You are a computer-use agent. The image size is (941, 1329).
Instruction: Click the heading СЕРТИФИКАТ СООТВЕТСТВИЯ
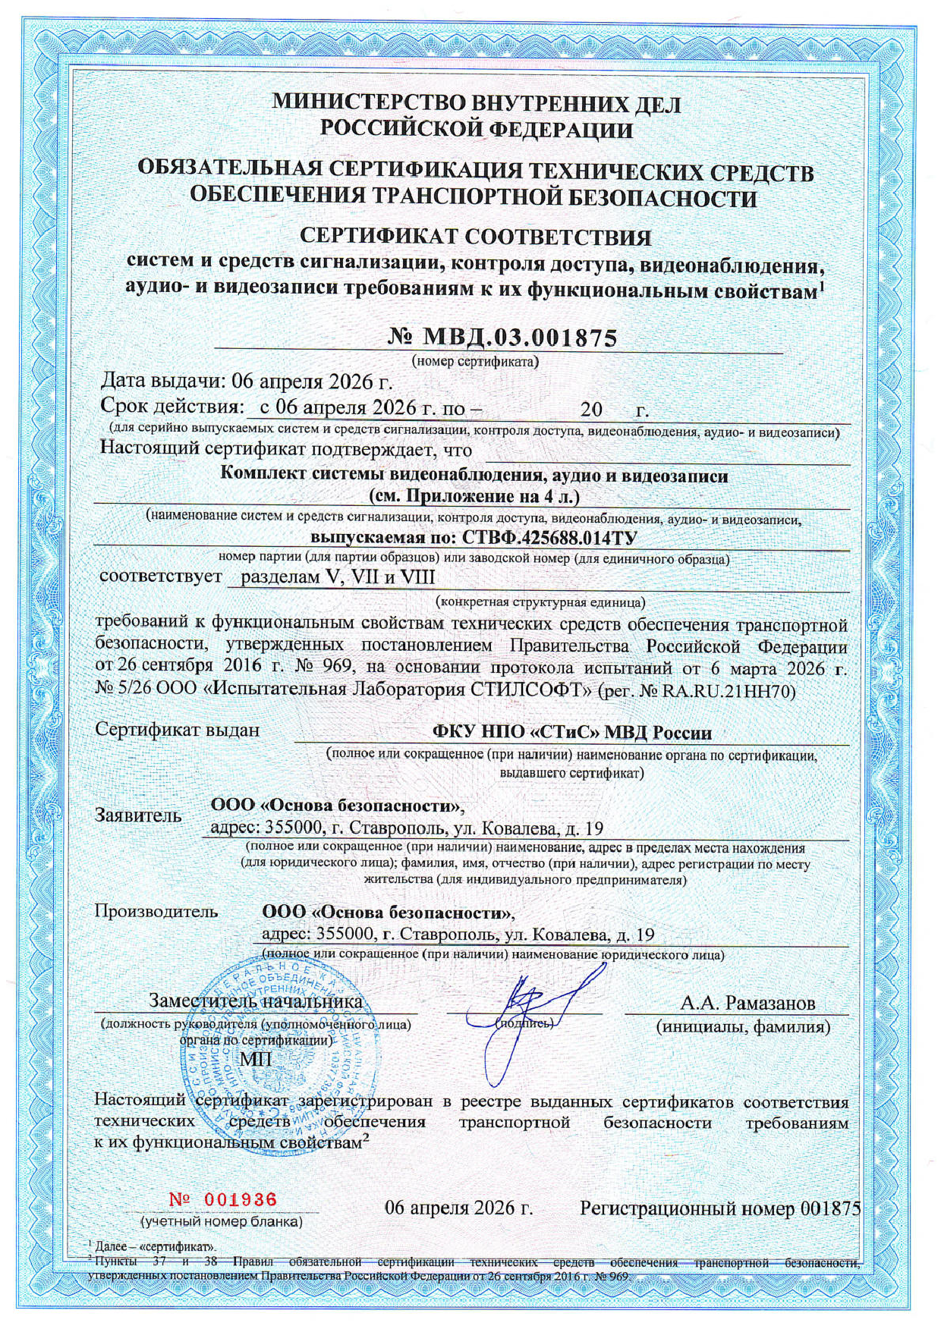[x=476, y=237]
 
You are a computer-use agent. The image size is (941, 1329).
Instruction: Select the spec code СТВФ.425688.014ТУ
[x=546, y=538]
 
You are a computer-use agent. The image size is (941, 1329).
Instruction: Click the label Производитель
[x=156, y=911]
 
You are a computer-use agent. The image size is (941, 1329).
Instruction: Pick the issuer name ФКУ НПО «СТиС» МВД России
[x=571, y=732]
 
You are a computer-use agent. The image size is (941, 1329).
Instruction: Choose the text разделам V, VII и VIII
[x=338, y=577]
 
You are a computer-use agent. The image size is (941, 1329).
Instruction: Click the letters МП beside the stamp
[x=256, y=1059]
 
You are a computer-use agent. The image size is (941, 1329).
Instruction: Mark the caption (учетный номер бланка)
[x=222, y=1221]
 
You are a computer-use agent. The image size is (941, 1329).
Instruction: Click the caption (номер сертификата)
[x=475, y=360]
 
